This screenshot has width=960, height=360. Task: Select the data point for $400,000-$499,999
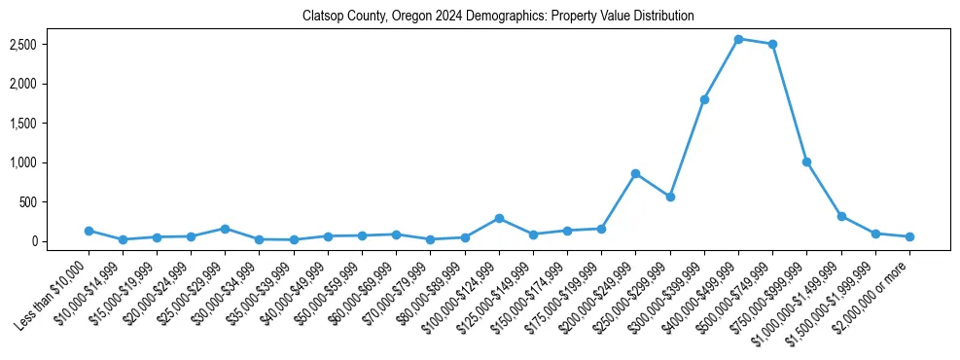pyautogui.click(x=738, y=39)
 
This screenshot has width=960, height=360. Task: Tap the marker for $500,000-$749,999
pyautogui.click(x=772, y=44)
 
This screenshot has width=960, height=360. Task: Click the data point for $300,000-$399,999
pyautogui.click(x=704, y=99)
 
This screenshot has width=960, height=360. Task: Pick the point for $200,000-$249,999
pyautogui.click(x=635, y=173)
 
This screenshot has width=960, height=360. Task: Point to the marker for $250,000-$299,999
pyautogui.click(x=670, y=197)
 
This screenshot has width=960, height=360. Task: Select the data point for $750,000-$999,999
pyautogui.click(x=806, y=162)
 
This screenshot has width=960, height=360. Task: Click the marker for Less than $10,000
pyautogui.click(x=89, y=231)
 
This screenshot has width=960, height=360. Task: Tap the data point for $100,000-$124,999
pyautogui.click(x=499, y=218)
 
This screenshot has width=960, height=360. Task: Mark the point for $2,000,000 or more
pyautogui.click(x=909, y=236)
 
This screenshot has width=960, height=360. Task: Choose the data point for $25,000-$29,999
pyautogui.click(x=225, y=229)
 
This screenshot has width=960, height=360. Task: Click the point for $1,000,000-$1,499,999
pyautogui.click(x=841, y=216)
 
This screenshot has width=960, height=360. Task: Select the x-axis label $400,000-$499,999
pyautogui.click(x=704, y=288)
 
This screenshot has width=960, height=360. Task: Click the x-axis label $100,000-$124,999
pyautogui.click(x=465, y=288)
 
